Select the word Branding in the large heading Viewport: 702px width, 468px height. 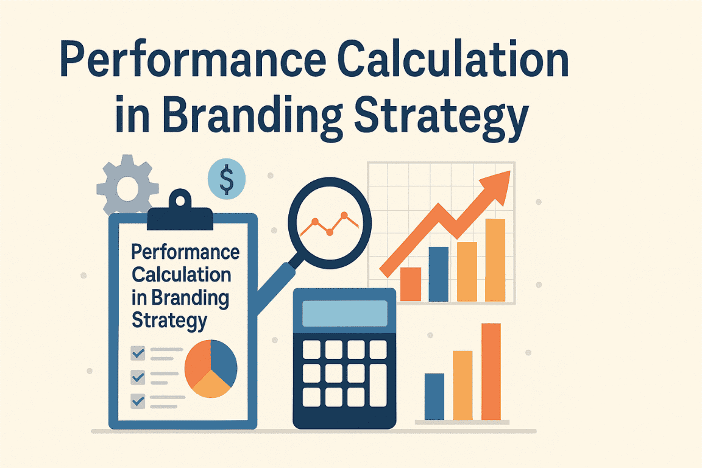click(x=252, y=116)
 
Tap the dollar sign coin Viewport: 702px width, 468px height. click(x=227, y=179)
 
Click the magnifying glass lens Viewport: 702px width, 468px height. click(x=330, y=223)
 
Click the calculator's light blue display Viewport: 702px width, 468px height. click(x=345, y=313)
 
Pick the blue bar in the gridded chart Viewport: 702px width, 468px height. click(x=438, y=274)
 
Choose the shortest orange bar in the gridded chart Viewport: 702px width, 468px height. click(x=411, y=285)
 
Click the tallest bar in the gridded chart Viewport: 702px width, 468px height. click(x=495, y=260)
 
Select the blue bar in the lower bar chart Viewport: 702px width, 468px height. click(x=434, y=397)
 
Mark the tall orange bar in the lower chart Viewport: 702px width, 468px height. click(x=491, y=372)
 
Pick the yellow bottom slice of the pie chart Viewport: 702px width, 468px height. click(x=211, y=385)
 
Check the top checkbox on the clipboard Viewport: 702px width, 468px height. click(x=138, y=353)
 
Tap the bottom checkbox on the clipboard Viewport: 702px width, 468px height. click(x=138, y=401)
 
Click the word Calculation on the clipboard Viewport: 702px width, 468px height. click(x=182, y=275)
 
